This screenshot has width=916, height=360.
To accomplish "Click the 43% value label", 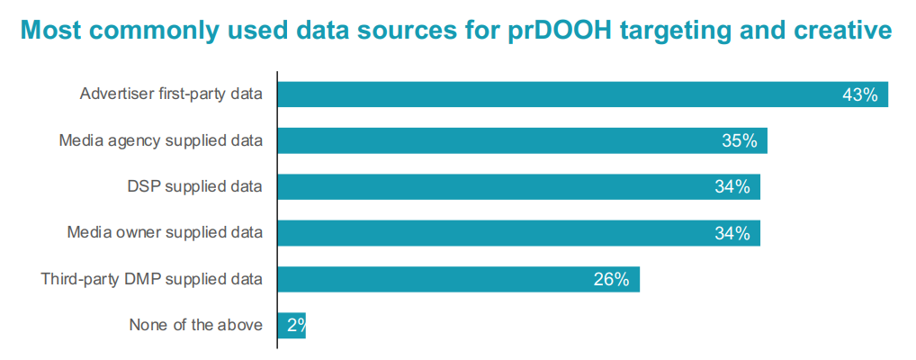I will click(859, 94).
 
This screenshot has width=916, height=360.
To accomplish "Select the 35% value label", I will click(739, 140).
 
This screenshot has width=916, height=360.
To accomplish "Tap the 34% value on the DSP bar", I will click(732, 186).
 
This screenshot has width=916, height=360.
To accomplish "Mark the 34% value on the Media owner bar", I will click(732, 233).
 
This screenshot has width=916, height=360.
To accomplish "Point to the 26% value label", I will click(611, 279).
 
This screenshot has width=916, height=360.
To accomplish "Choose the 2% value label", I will click(296, 325).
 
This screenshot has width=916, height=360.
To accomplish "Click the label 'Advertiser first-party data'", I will click(171, 94).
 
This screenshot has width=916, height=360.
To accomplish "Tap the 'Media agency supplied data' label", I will click(161, 140).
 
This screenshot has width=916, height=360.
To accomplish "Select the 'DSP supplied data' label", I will click(195, 186).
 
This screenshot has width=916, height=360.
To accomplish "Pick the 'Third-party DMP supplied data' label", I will click(152, 279).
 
